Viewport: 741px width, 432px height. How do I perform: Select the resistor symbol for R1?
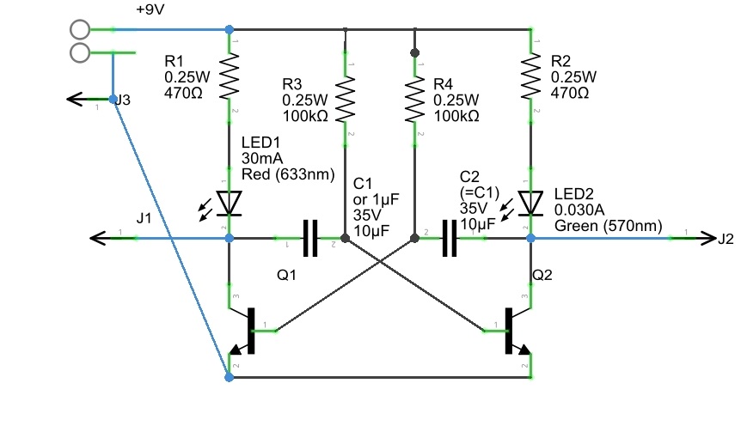[x=230, y=77]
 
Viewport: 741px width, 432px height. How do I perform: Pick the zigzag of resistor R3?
[x=345, y=100]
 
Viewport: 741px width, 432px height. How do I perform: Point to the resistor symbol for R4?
[x=415, y=100]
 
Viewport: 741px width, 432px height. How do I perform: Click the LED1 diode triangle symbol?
[x=230, y=203]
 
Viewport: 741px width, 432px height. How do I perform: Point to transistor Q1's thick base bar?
[x=252, y=330]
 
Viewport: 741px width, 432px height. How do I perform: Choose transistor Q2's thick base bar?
[x=509, y=330]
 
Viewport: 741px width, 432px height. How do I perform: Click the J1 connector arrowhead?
[x=96, y=237]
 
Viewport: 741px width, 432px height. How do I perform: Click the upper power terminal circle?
[x=80, y=29]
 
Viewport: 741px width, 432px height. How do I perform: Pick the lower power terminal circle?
[x=80, y=53]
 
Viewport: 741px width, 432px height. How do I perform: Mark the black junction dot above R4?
[x=415, y=53]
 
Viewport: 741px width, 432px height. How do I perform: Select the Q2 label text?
[x=544, y=277]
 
